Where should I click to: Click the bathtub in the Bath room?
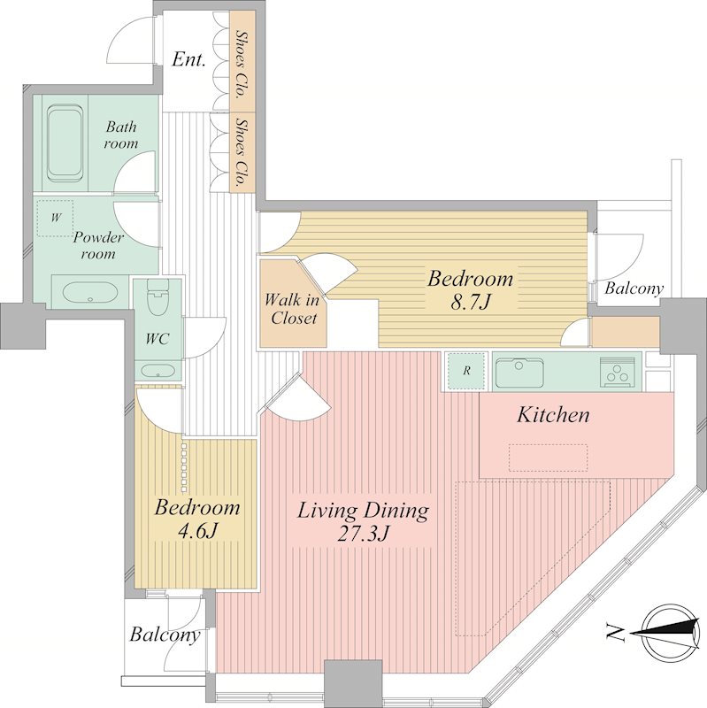coord(65,142)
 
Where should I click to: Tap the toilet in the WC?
coord(158,296)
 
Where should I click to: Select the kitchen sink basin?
coord(519,373)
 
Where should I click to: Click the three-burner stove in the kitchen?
coord(617,372)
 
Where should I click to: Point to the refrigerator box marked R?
coord(466,371)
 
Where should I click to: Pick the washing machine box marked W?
coord(55,218)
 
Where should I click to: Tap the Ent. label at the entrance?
coord(188,59)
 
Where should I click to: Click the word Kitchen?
coord(553,415)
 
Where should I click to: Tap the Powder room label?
coord(98,246)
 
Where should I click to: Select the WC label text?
coord(158,338)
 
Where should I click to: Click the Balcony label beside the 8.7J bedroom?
coord(634,289)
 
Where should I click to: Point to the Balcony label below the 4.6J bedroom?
coord(165,635)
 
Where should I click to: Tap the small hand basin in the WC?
coord(158,371)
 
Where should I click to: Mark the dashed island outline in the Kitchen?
coord(549,458)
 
